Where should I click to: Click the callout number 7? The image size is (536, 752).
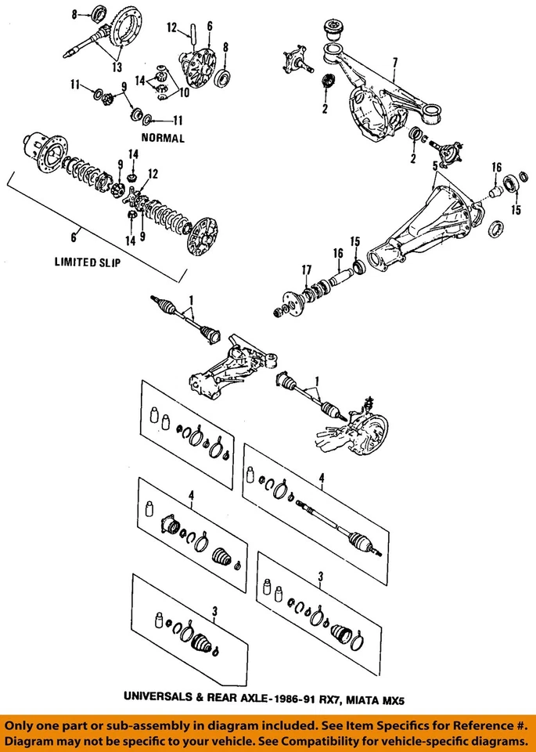click(x=396, y=62)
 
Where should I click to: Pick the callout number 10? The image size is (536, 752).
click(x=184, y=92)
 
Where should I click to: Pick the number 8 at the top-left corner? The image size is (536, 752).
click(x=75, y=14)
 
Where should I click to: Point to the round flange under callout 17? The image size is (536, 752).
click(x=289, y=302)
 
